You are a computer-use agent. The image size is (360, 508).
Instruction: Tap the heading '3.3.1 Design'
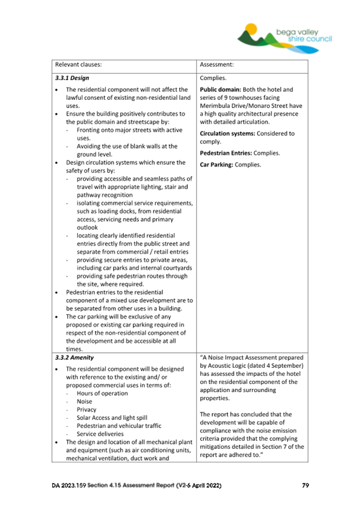68,78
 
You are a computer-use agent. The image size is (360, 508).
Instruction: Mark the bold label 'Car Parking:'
217,165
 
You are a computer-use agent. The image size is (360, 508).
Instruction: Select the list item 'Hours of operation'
102,393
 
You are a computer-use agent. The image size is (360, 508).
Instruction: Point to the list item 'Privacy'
86,410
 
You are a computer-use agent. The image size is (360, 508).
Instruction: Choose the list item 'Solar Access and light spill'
111,418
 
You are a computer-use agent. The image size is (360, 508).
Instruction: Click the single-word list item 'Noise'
84,401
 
